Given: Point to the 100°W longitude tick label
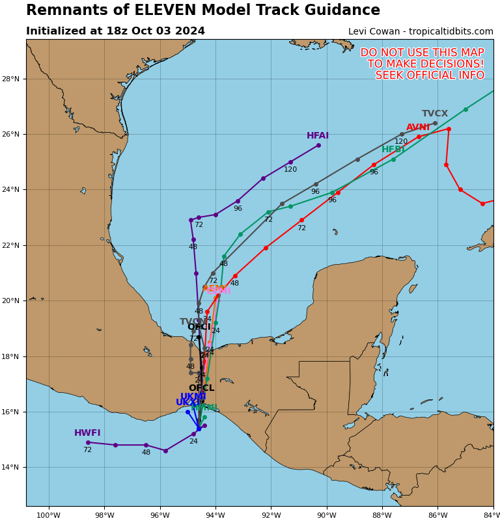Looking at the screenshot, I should (x=48, y=516).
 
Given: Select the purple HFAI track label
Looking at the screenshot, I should (x=318, y=136).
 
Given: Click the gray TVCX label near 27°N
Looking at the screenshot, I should (x=435, y=114).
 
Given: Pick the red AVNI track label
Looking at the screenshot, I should (x=418, y=127).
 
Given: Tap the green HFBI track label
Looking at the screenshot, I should (x=393, y=150).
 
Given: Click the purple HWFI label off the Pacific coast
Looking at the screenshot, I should (x=87, y=433).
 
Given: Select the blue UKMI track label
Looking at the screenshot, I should (x=193, y=397).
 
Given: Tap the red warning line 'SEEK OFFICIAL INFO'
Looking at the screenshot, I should (x=430, y=75).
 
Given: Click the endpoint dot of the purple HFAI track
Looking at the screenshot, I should (x=318, y=145).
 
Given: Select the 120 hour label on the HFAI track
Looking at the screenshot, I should (x=290, y=170).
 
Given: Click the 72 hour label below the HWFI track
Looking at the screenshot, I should (x=87, y=450).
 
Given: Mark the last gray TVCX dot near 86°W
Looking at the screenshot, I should (x=435, y=123).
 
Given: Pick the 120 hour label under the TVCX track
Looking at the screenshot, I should (x=401, y=142).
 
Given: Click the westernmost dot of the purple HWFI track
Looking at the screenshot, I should (x=88, y=442).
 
